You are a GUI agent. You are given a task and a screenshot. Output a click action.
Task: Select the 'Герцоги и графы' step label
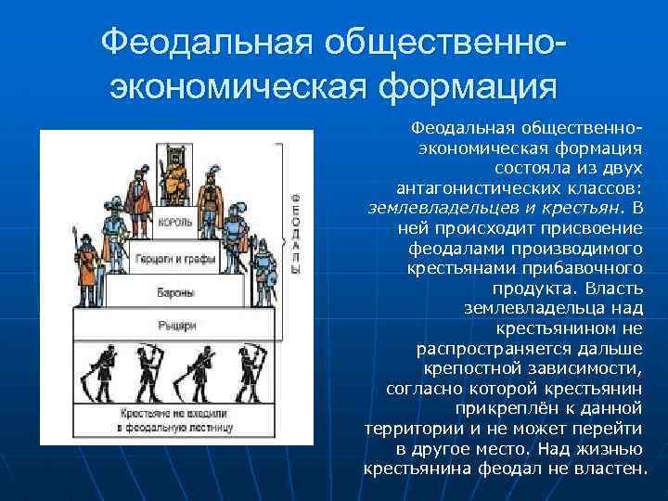(174, 258)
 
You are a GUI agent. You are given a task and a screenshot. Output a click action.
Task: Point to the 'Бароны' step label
(175, 292)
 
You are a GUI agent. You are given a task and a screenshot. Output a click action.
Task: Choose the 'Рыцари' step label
(175, 326)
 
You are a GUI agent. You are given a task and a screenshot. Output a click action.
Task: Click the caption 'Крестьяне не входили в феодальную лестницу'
(175, 420)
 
